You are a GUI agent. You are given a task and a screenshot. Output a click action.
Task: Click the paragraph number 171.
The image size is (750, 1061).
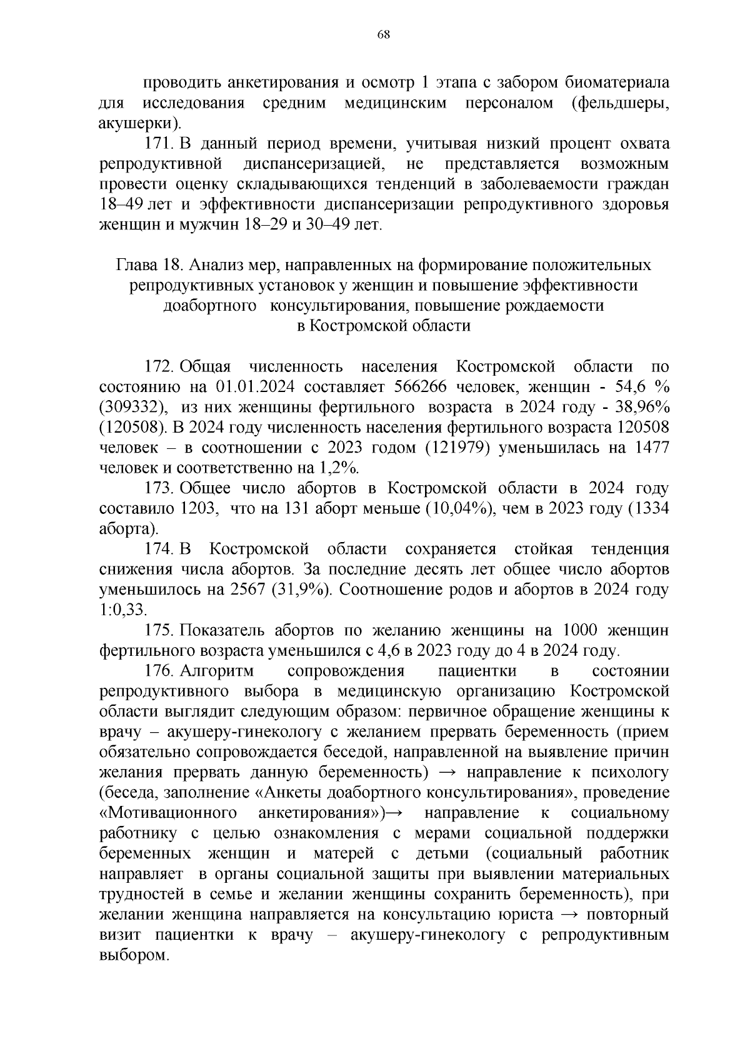(159, 144)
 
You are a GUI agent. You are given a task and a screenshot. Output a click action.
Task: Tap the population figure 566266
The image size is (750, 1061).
(423, 387)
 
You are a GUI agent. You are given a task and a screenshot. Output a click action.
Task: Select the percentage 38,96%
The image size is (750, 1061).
(637, 408)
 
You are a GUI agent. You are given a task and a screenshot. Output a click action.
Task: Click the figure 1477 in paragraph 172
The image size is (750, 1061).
(652, 448)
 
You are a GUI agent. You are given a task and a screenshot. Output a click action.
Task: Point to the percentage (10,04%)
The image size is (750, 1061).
(461, 509)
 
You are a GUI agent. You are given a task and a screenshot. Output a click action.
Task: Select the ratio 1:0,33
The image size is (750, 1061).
(123, 611)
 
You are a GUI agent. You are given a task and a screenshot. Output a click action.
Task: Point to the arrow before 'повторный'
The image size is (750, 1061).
(568, 915)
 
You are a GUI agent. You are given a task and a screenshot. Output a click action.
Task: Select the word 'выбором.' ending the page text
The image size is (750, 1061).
(134, 956)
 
